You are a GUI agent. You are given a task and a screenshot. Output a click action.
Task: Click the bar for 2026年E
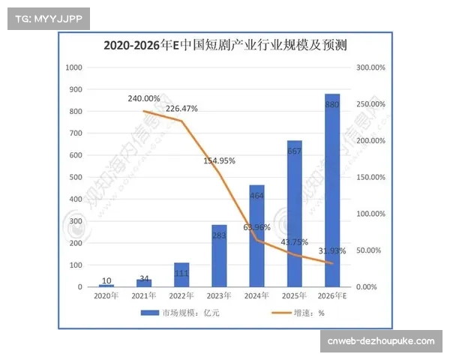[x=331, y=190]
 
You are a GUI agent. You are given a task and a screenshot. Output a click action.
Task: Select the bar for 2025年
[x=294, y=214]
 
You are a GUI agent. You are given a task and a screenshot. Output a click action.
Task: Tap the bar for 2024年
[x=256, y=235]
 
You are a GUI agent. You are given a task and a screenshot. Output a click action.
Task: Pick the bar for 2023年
[x=219, y=256]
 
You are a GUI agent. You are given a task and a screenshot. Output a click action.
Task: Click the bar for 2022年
[x=181, y=274]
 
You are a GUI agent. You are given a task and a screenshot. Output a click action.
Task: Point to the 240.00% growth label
[x=144, y=98]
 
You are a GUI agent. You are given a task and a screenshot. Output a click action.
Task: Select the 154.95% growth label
[x=219, y=160]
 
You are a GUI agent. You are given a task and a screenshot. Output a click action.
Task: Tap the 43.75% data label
[x=294, y=242]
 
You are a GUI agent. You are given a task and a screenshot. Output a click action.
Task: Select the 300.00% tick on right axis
[x=370, y=67]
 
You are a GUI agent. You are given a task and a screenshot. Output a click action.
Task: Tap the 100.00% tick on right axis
[x=370, y=214]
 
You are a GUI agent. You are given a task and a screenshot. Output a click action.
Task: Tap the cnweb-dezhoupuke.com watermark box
[x=380, y=341]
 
